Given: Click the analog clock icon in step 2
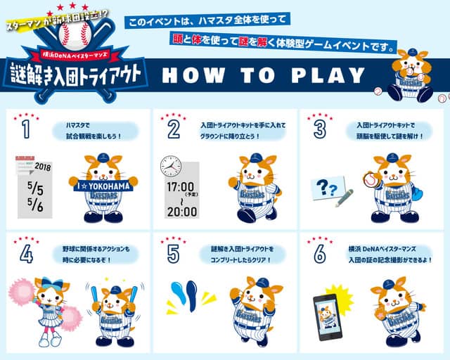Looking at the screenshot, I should coord(171,166).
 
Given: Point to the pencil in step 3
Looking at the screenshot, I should coord(344,198).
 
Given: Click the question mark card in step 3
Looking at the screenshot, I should coord(328,187).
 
